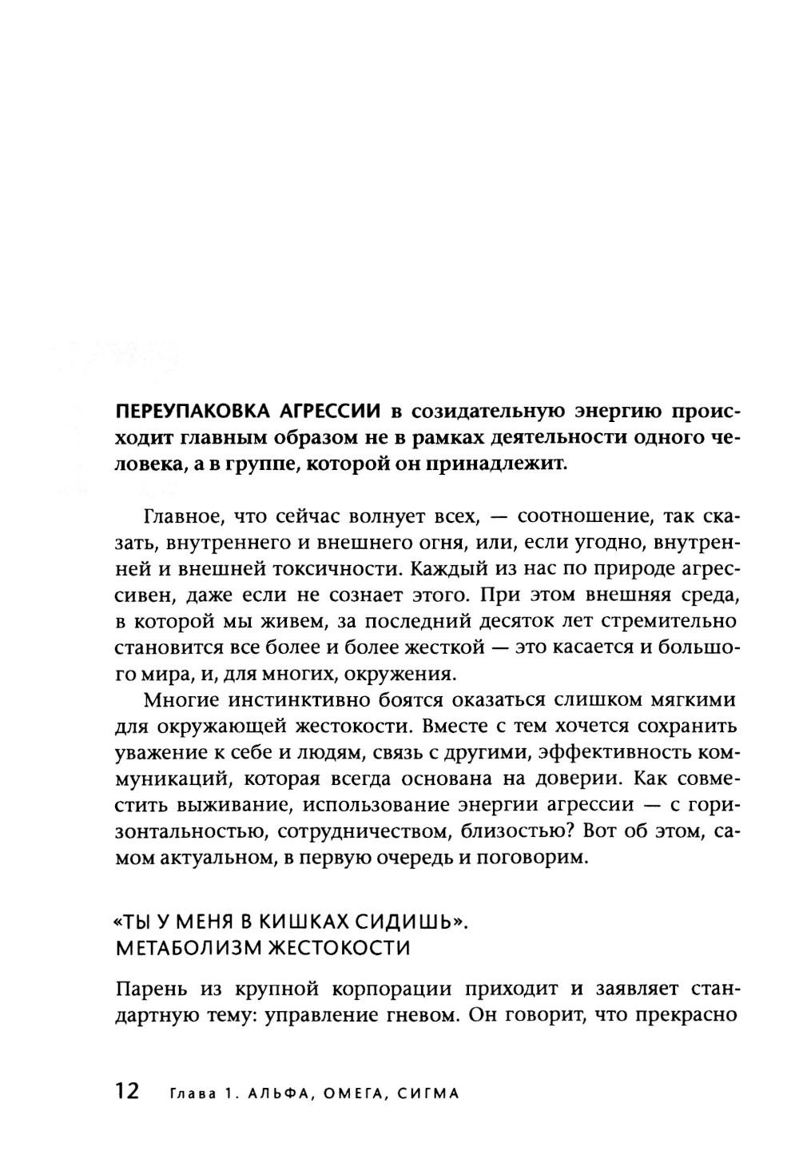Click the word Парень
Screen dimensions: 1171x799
coord(149,989)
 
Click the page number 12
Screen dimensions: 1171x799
coord(128,1091)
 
